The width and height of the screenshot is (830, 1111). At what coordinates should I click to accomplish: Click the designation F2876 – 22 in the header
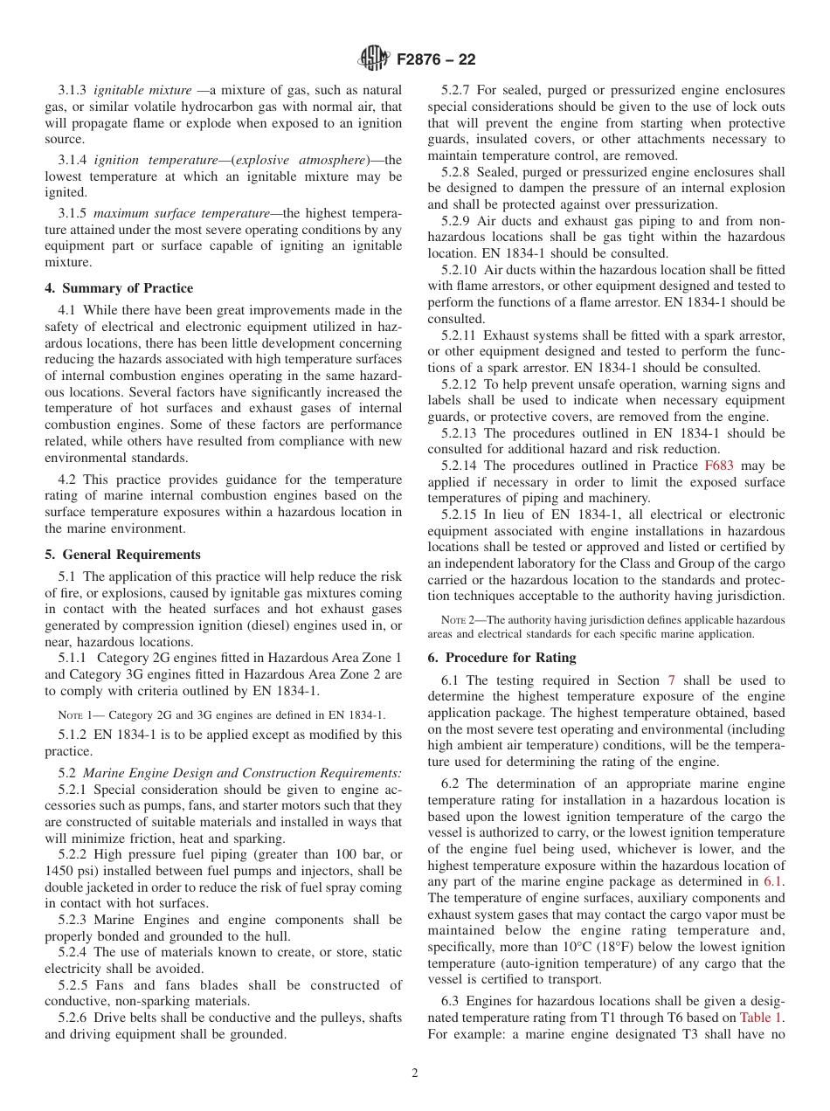pyautogui.click(x=435, y=60)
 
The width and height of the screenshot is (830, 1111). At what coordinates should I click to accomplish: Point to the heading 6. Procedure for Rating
pyautogui.click(x=501, y=658)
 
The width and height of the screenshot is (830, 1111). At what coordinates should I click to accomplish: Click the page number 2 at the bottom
pyautogui.click(x=415, y=1073)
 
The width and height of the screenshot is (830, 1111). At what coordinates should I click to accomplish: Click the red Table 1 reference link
pyautogui.click(x=762, y=1018)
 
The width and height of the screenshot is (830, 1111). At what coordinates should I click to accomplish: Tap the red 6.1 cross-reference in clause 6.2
pyautogui.click(x=773, y=881)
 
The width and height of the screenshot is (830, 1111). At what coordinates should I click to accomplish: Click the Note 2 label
pyautogui.click(x=458, y=619)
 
